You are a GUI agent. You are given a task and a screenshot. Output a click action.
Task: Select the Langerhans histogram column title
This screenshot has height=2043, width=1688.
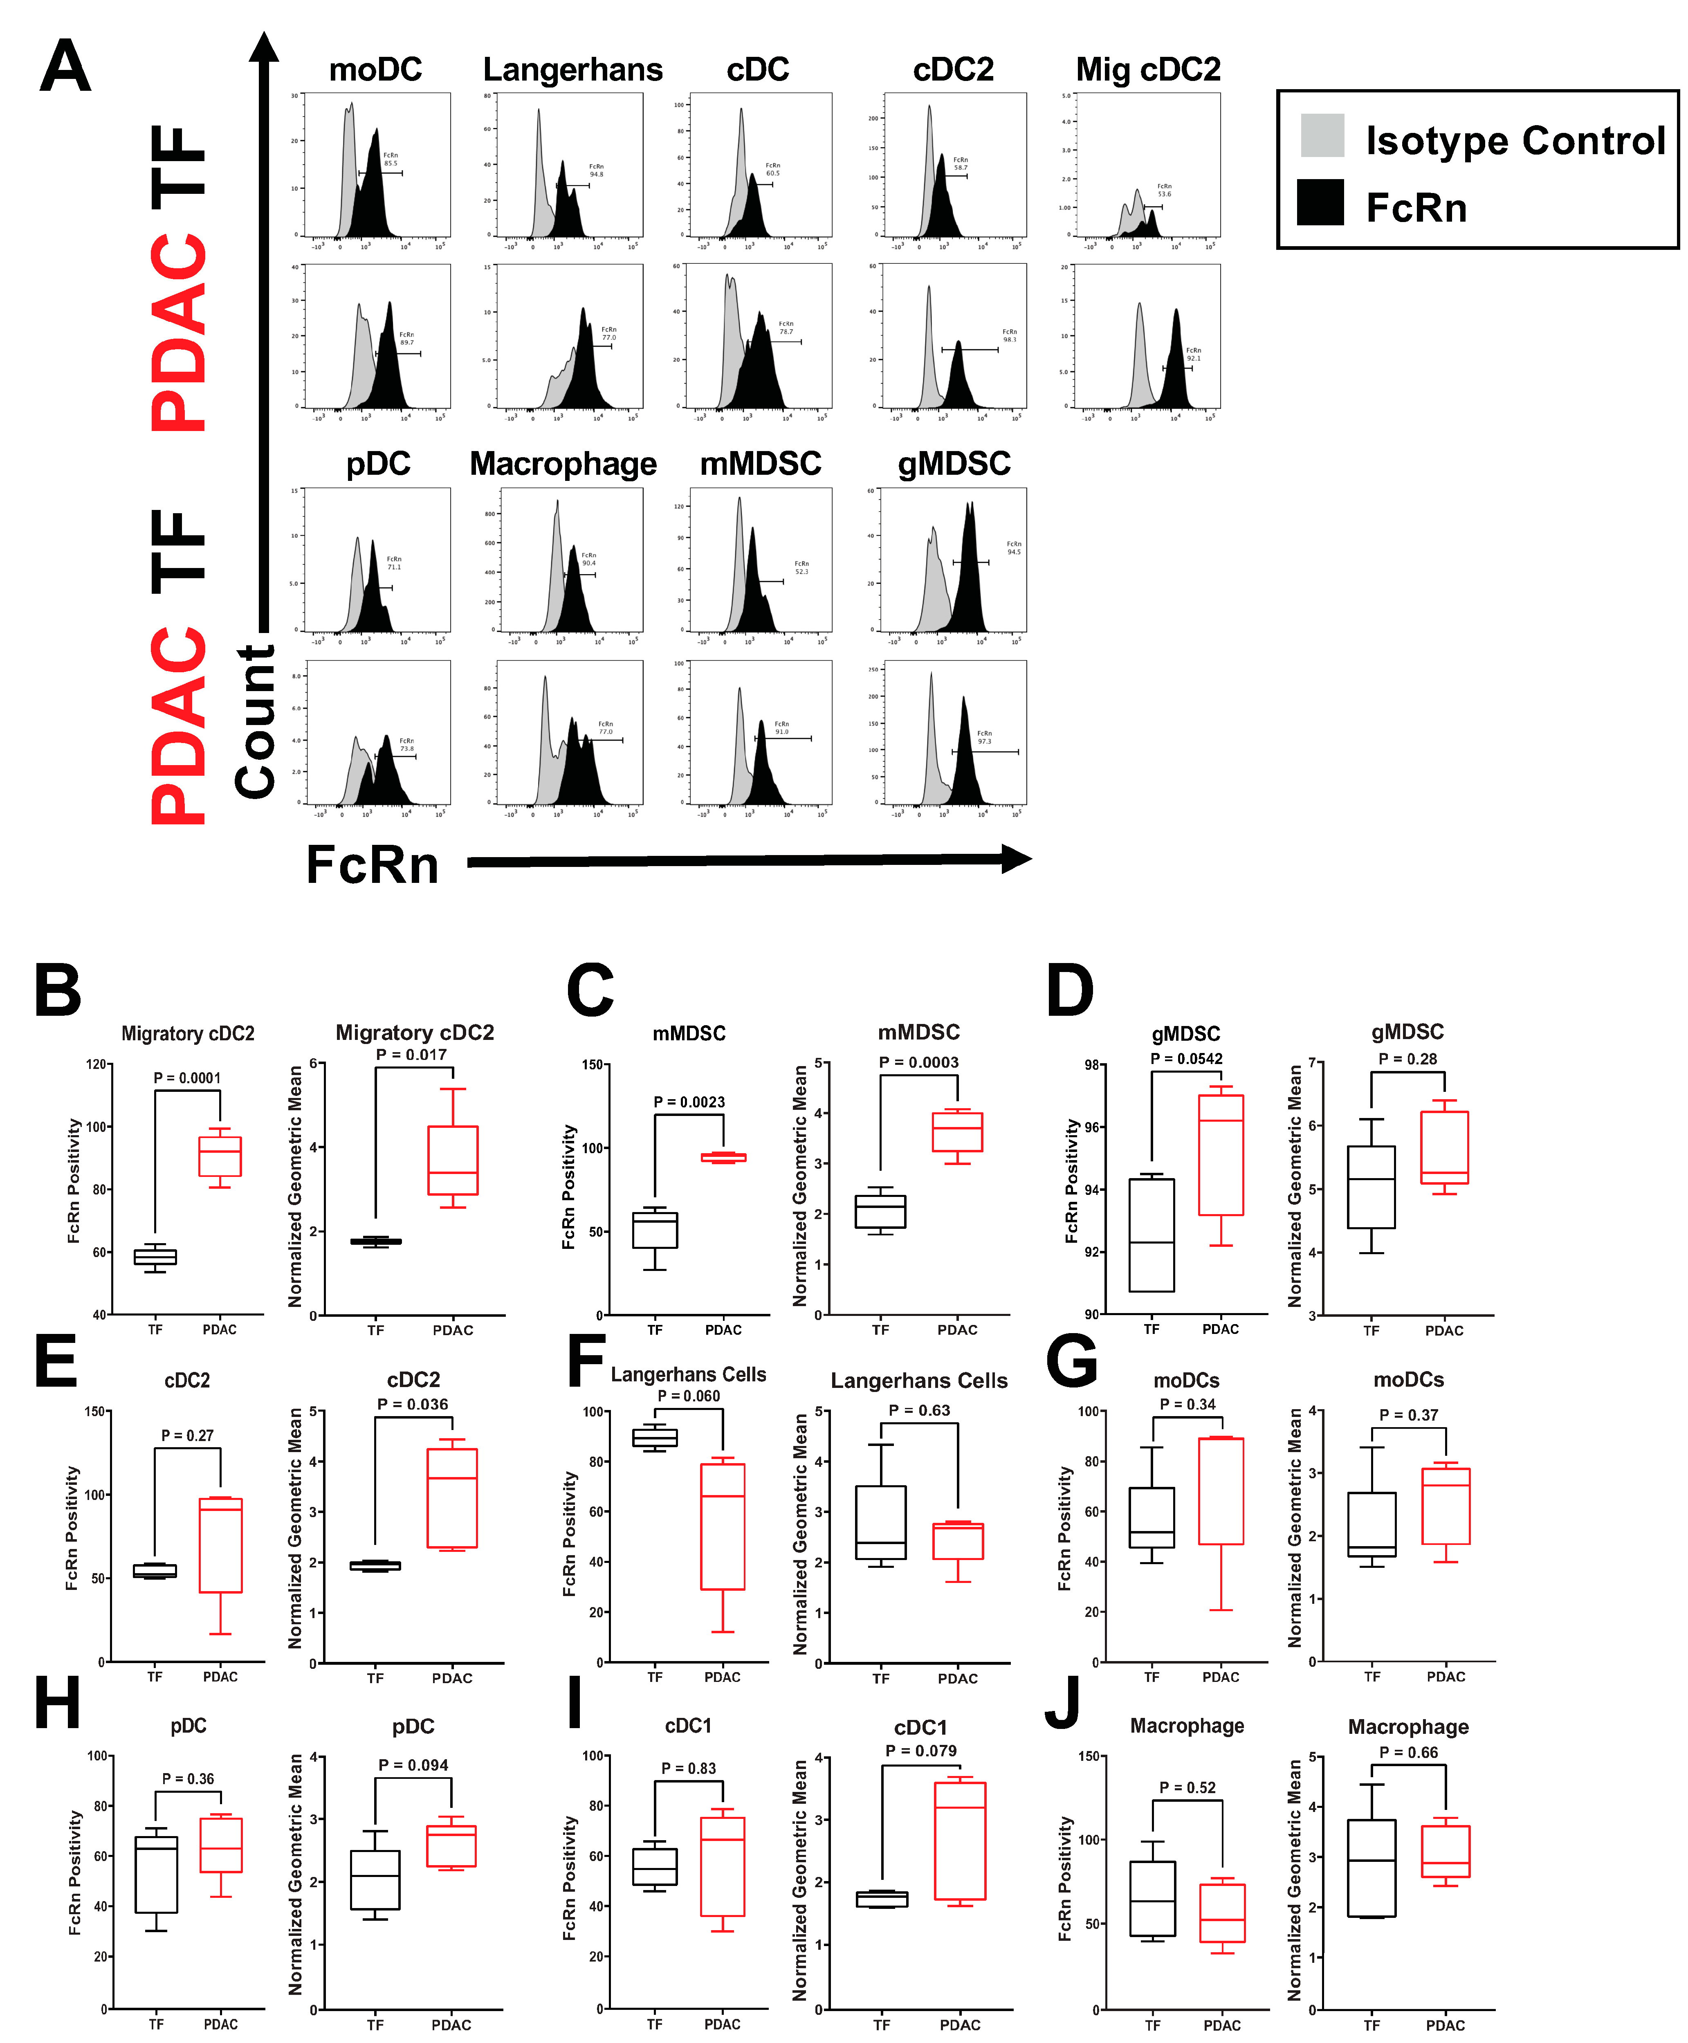(x=573, y=70)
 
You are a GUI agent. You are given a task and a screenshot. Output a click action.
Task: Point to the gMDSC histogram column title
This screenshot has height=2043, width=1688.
(x=954, y=464)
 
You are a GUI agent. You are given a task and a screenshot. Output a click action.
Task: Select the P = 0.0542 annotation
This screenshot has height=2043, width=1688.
(x=1186, y=1058)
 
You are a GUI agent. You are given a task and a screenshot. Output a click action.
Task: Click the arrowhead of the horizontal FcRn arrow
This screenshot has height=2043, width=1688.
(x=1016, y=859)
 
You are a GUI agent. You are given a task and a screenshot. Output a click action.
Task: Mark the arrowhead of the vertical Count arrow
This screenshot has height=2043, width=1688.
(x=263, y=47)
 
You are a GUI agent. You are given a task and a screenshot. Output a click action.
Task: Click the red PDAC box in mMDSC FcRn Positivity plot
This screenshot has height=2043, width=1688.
(x=723, y=1157)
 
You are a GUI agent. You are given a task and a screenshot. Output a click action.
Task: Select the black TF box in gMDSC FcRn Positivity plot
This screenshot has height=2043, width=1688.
(x=1151, y=1235)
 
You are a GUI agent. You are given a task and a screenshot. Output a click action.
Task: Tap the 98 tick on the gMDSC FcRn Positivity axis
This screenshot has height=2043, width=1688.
(x=1093, y=1065)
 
